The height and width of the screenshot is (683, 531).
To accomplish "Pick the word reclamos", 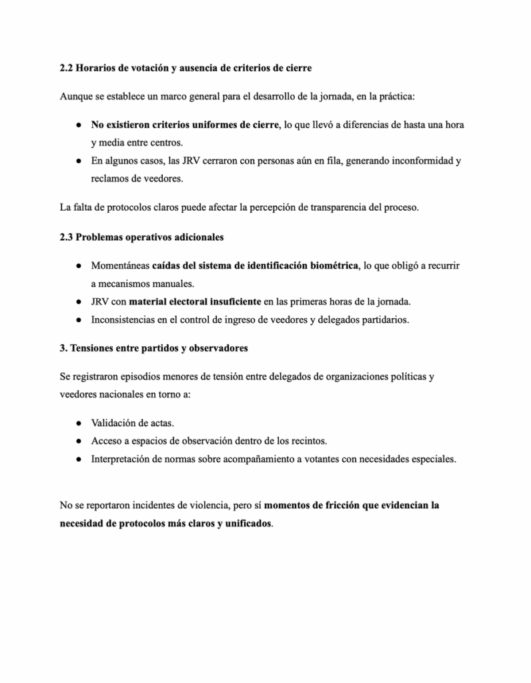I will pos(111,178).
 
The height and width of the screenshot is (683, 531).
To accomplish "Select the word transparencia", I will pos(341,207).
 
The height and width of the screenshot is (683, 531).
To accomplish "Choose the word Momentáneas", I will pos(121,265).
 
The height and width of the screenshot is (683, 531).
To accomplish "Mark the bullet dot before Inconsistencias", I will pos(78,319).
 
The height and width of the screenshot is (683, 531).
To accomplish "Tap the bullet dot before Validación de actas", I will pos(78,423).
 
